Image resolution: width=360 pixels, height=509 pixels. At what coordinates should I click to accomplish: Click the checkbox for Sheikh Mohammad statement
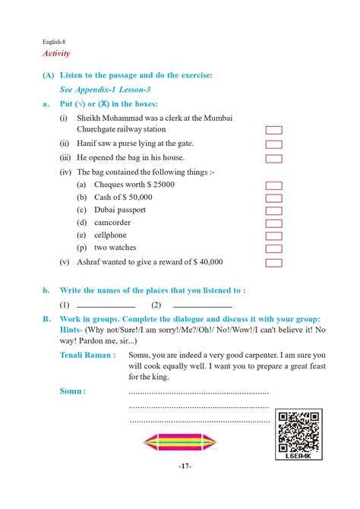[273, 130]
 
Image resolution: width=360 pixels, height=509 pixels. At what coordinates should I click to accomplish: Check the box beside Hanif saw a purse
[273, 144]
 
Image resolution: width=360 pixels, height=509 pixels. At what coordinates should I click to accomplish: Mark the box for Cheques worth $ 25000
[273, 185]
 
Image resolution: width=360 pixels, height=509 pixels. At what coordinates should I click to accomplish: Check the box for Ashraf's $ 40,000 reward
[273, 263]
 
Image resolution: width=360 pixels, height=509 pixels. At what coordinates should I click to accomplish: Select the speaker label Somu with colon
[73, 390]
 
